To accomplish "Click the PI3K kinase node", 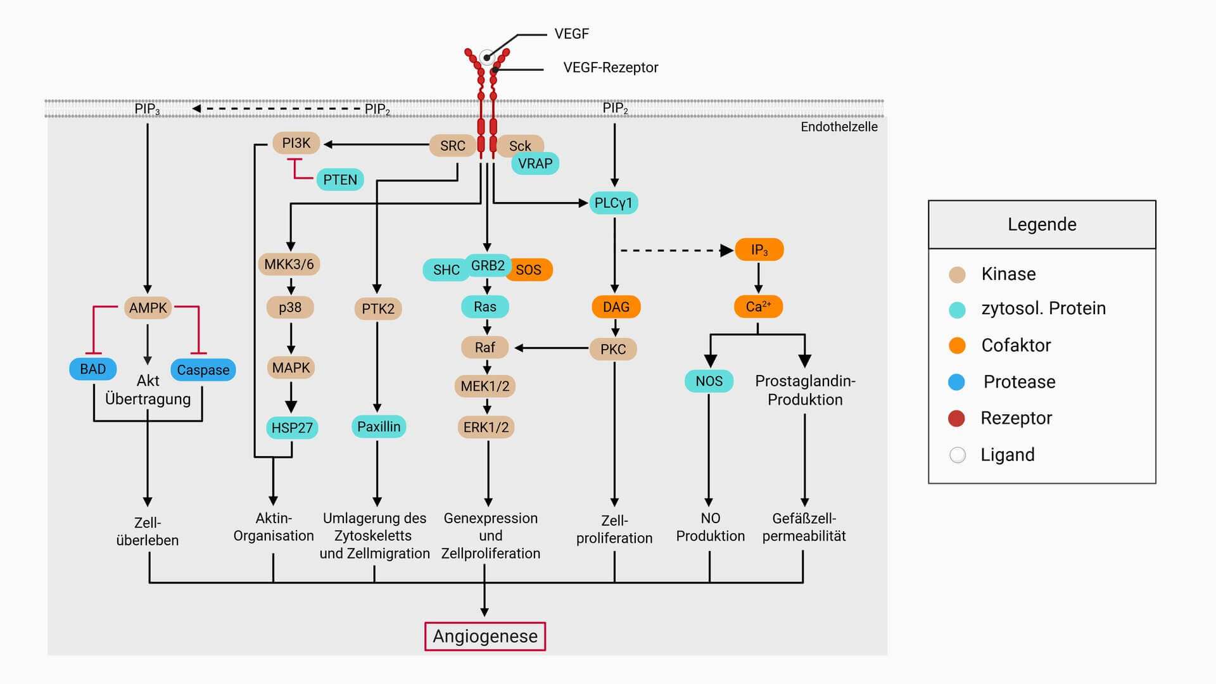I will (x=296, y=143).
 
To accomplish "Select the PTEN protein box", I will (x=340, y=180).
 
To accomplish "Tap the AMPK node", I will (x=148, y=308).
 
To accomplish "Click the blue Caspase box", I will (x=203, y=370).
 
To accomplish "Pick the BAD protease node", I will (x=92, y=369).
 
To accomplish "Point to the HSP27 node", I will (x=292, y=427).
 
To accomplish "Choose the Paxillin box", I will (x=378, y=427).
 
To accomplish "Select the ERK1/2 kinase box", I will (x=486, y=427).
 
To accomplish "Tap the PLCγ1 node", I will (x=613, y=203).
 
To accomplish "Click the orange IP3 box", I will (x=759, y=250).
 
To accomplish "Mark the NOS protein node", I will (x=709, y=381).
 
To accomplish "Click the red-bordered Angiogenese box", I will (x=484, y=636).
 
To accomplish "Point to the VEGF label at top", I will (x=571, y=34).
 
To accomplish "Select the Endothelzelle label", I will (x=839, y=127).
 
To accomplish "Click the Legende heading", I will (x=1042, y=225).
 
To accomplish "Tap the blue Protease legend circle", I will (x=956, y=382).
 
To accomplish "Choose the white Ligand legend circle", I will (x=958, y=455).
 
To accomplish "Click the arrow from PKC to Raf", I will (x=551, y=348).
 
